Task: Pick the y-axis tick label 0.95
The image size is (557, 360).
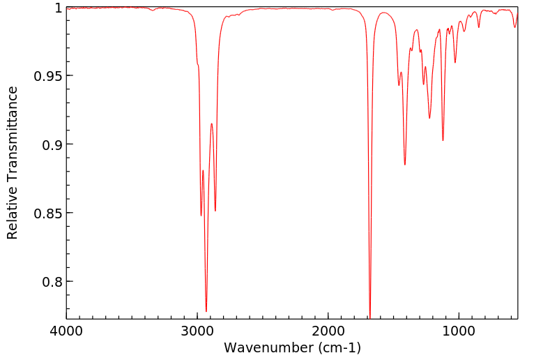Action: coord(47,76)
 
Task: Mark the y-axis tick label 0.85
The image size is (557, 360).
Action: coord(47,213)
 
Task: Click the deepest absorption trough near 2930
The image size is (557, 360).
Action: coord(206,311)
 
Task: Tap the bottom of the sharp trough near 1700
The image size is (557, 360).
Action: coord(369,317)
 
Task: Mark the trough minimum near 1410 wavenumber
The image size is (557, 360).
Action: coord(405,165)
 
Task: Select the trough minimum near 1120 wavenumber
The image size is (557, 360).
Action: coord(443,140)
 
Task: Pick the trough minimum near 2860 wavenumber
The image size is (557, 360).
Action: coord(215,211)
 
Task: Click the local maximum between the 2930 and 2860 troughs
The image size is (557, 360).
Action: coord(211,123)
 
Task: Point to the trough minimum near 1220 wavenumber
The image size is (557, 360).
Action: coord(429,118)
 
